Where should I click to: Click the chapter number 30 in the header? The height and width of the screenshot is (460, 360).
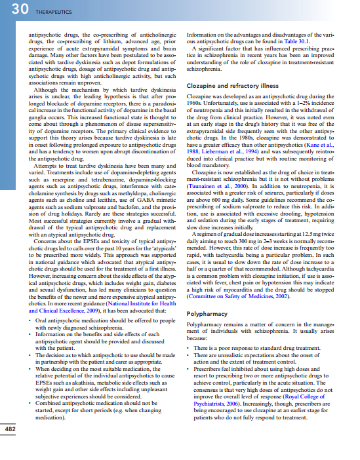click(x=12, y=9)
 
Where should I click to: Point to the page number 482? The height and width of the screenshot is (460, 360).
click(x=11, y=447)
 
